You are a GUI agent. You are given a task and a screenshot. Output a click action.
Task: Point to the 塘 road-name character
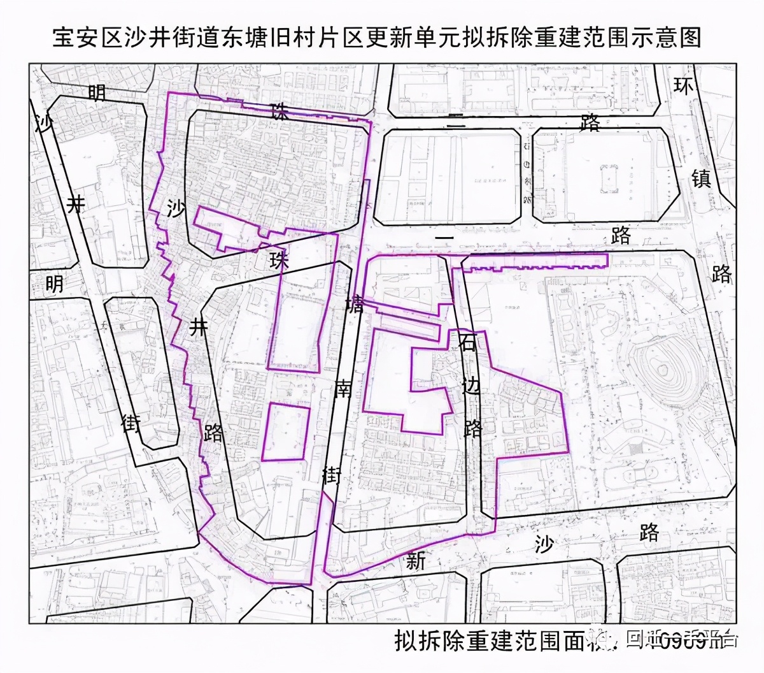coord(355,305)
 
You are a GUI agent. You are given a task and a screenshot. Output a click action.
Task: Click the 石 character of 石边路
coord(468,343)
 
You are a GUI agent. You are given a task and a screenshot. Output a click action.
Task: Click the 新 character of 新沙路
coord(416,561)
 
